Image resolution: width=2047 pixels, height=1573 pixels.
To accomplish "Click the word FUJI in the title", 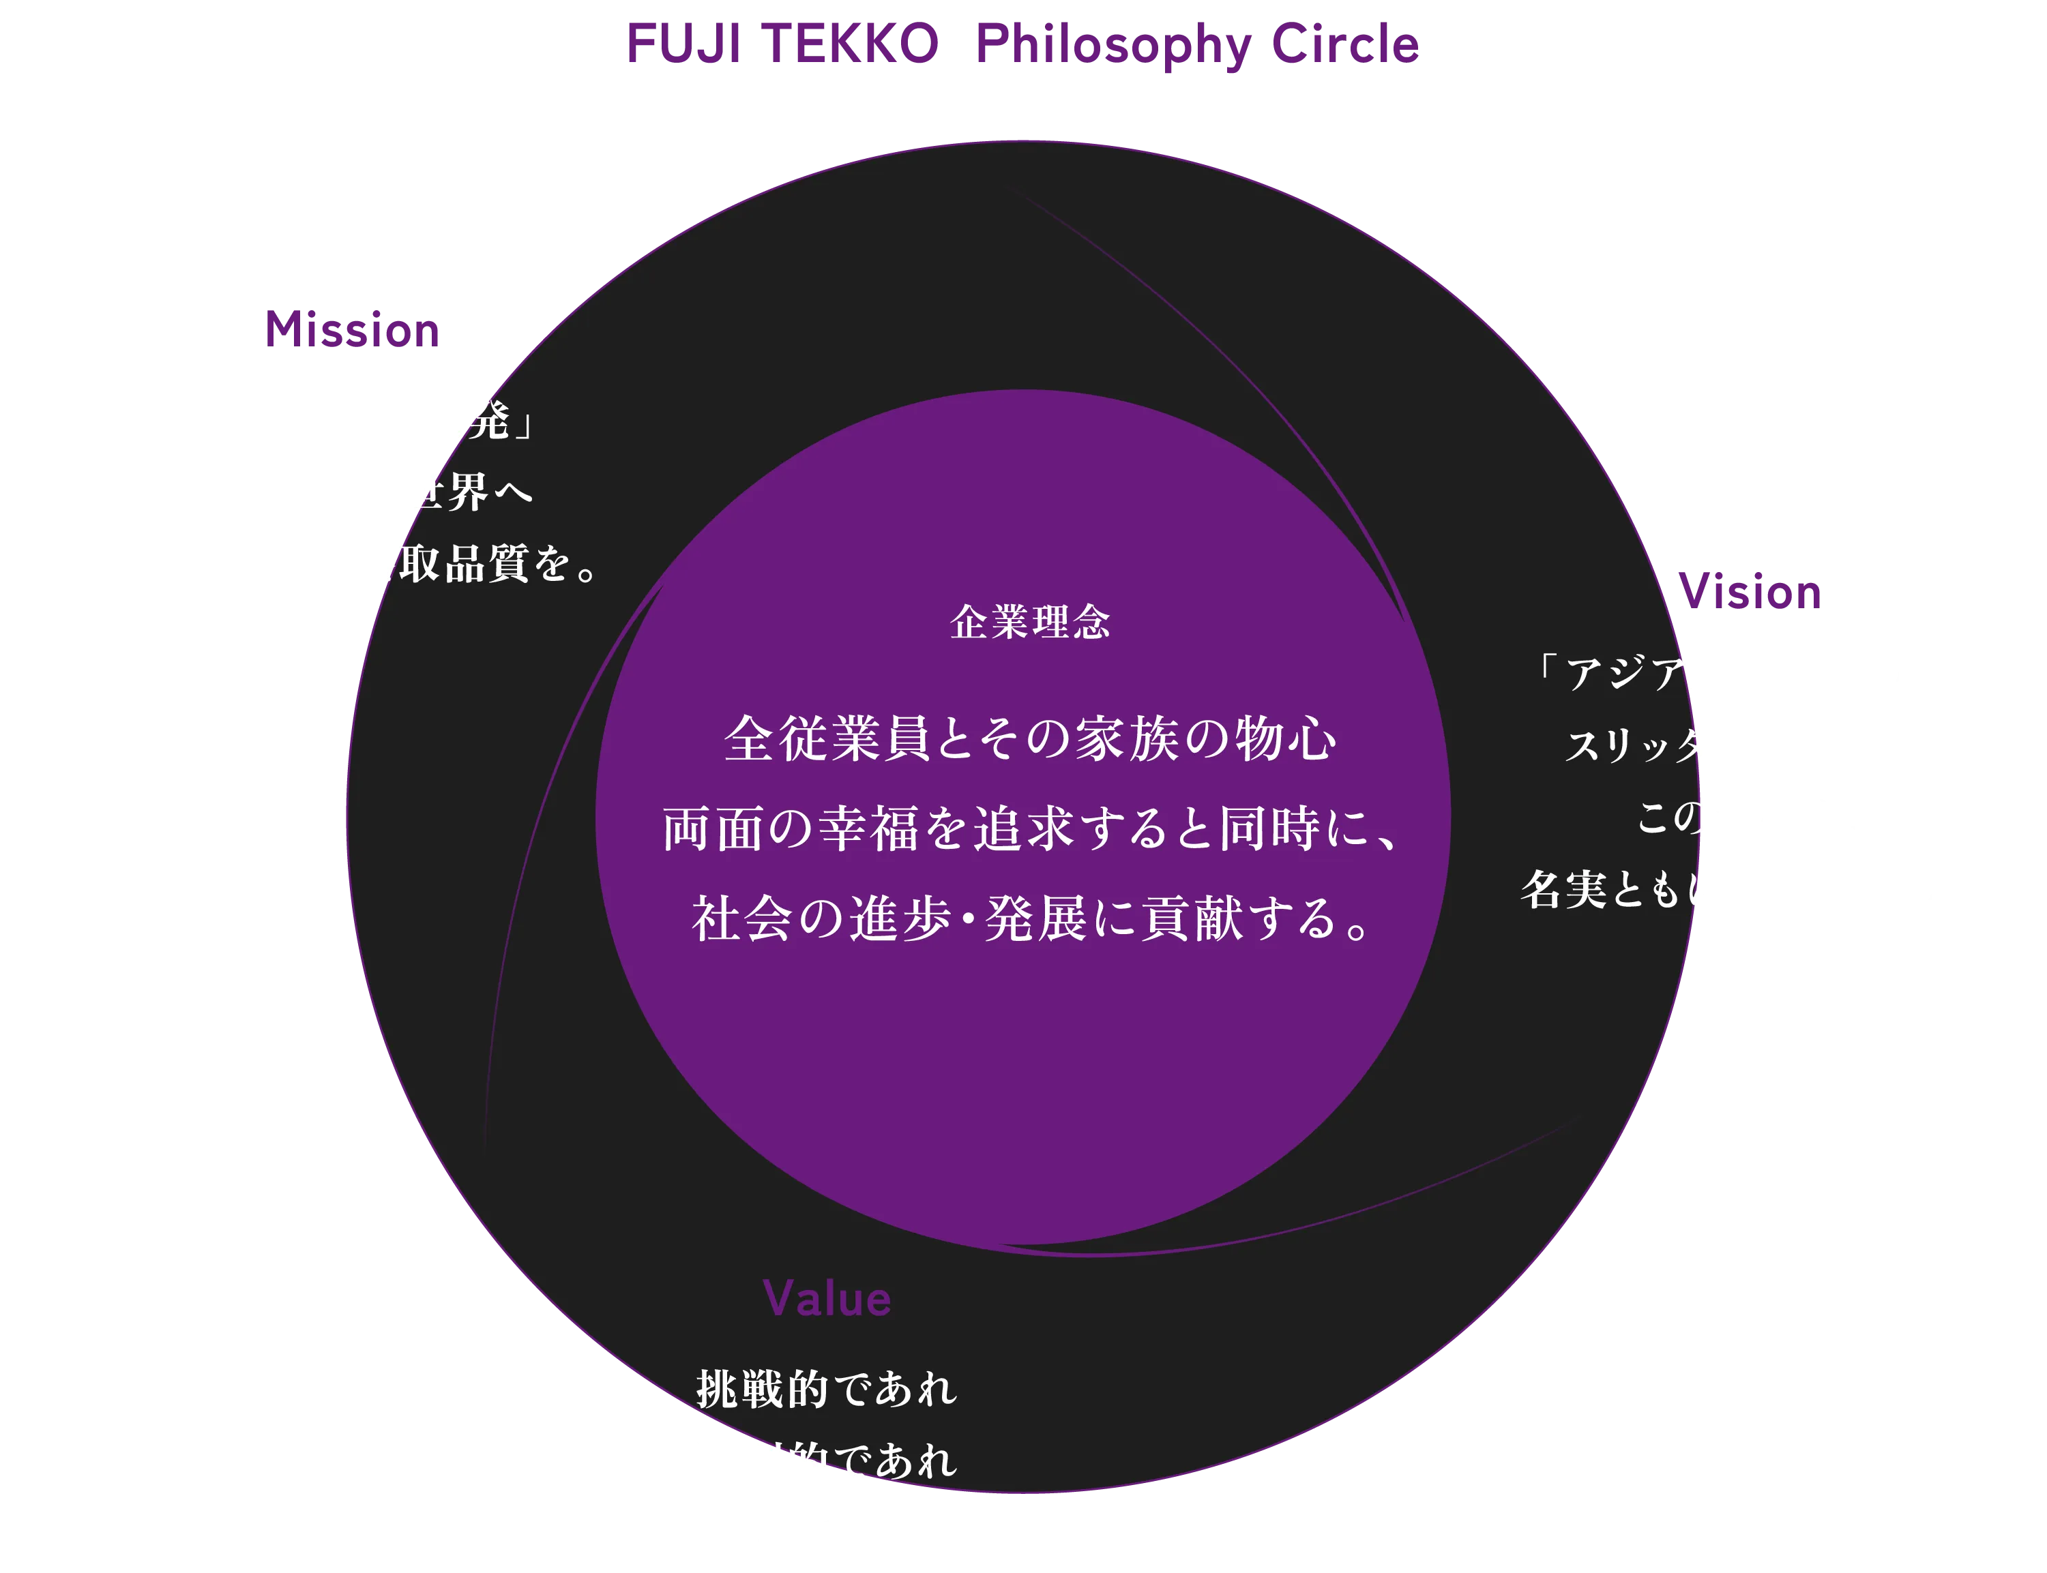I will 686,45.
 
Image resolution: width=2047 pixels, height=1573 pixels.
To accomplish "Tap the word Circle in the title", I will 1344,45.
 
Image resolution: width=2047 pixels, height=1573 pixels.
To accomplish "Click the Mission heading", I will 353,331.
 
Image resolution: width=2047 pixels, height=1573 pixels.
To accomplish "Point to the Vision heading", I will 1750,593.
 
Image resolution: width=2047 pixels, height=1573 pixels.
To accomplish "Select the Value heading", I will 827,1299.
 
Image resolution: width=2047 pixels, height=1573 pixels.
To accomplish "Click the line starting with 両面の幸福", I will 1030,830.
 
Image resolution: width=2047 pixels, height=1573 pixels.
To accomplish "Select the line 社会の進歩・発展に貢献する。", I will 1030,918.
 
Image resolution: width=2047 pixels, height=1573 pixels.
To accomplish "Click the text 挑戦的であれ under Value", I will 827,1388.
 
